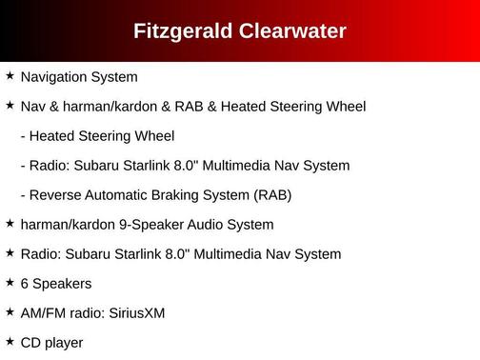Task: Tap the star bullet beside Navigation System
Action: (x=10, y=75)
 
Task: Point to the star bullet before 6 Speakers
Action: (x=10, y=283)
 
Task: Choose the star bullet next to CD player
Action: (x=10, y=342)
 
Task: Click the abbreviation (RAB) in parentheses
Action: (x=272, y=195)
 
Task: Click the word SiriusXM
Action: (x=136, y=312)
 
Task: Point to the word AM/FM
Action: (x=41, y=312)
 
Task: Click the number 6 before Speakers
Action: (x=24, y=284)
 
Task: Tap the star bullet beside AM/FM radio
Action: (x=10, y=312)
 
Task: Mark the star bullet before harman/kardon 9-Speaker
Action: (x=10, y=224)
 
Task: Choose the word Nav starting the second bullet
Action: (x=32, y=106)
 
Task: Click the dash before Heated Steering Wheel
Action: (x=23, y=136)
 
